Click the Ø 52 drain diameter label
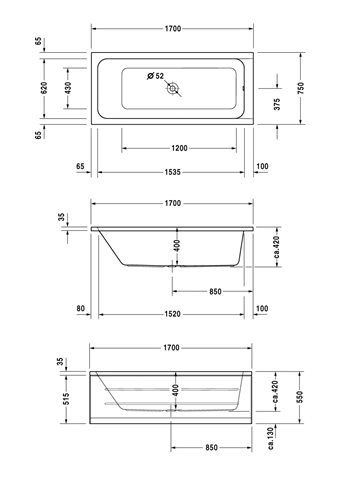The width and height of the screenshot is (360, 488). pos(155,76)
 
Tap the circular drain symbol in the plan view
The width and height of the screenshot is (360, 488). pos(173,89)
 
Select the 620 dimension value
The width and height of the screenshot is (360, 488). pos(44,88)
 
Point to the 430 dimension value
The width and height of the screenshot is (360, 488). pos(68,88)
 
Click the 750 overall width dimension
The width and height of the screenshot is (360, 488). pos(301,88)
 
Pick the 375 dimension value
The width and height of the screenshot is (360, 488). pos(277,104)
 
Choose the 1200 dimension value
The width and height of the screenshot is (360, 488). pos(179,148)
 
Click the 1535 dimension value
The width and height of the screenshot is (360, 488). pos(172,172)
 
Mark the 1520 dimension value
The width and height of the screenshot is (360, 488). pos(172,314)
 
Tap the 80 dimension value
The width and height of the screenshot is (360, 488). pos(81,309)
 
